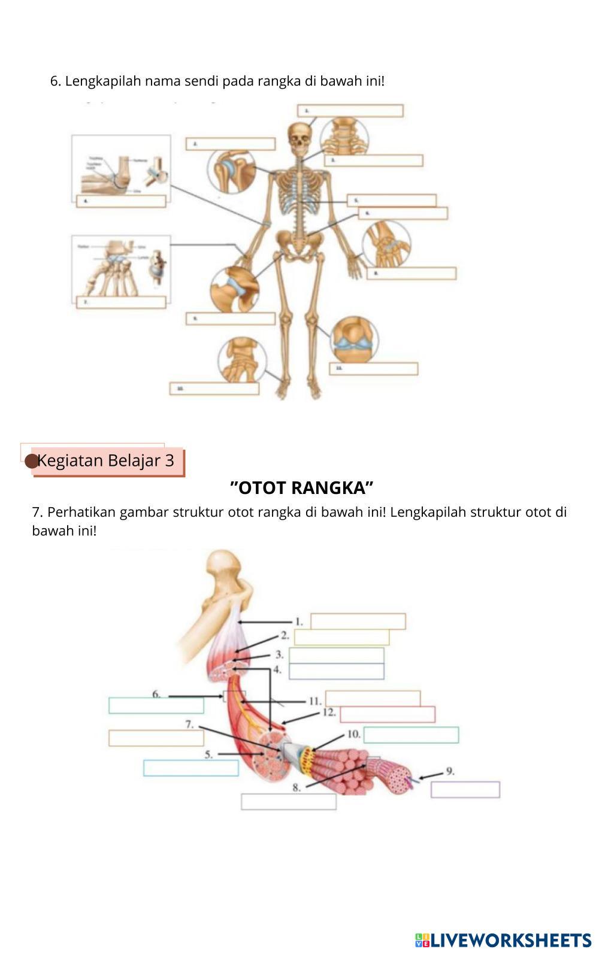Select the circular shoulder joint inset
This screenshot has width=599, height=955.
[x=231, y=169]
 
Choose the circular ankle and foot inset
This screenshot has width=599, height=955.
[x=241, y=360]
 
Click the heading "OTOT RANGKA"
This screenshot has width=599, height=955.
[x=302, y=488]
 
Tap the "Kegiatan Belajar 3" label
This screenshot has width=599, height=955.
[x=106, y=460]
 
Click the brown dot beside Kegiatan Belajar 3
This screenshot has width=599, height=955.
[x=31, y=461]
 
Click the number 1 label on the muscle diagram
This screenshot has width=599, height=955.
[x=298, y=621]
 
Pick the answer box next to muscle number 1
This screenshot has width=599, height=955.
[x=358, y=621]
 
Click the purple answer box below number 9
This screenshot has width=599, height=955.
[x=465, y=790]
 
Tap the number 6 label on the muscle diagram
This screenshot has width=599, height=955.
[x=156, y=695]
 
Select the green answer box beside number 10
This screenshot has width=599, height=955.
[x=411, y=735]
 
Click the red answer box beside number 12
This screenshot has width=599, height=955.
[x=388, y=714]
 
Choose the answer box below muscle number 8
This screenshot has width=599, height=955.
[x=288, y=802]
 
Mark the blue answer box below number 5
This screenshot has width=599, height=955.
[x=190, y=768]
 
